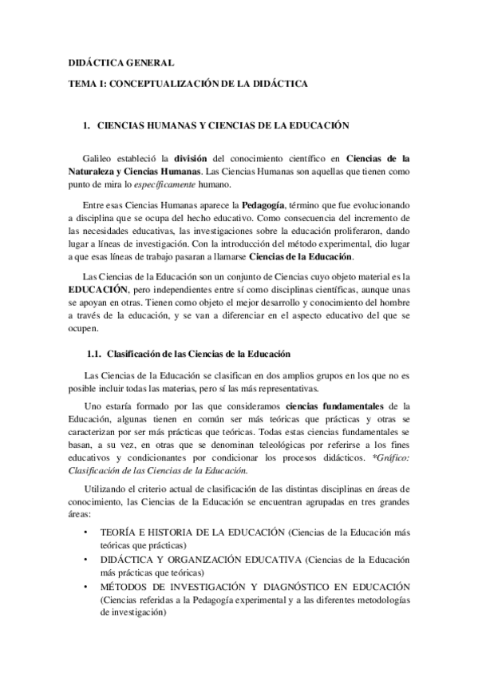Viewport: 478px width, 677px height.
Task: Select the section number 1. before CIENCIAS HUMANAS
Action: [88, 125]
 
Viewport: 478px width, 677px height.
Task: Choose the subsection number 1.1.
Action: [93, 353]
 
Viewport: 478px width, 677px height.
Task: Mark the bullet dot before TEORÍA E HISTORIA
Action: [85, 532]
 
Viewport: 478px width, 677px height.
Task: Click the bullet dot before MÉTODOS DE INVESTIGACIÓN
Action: [85, 587]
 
